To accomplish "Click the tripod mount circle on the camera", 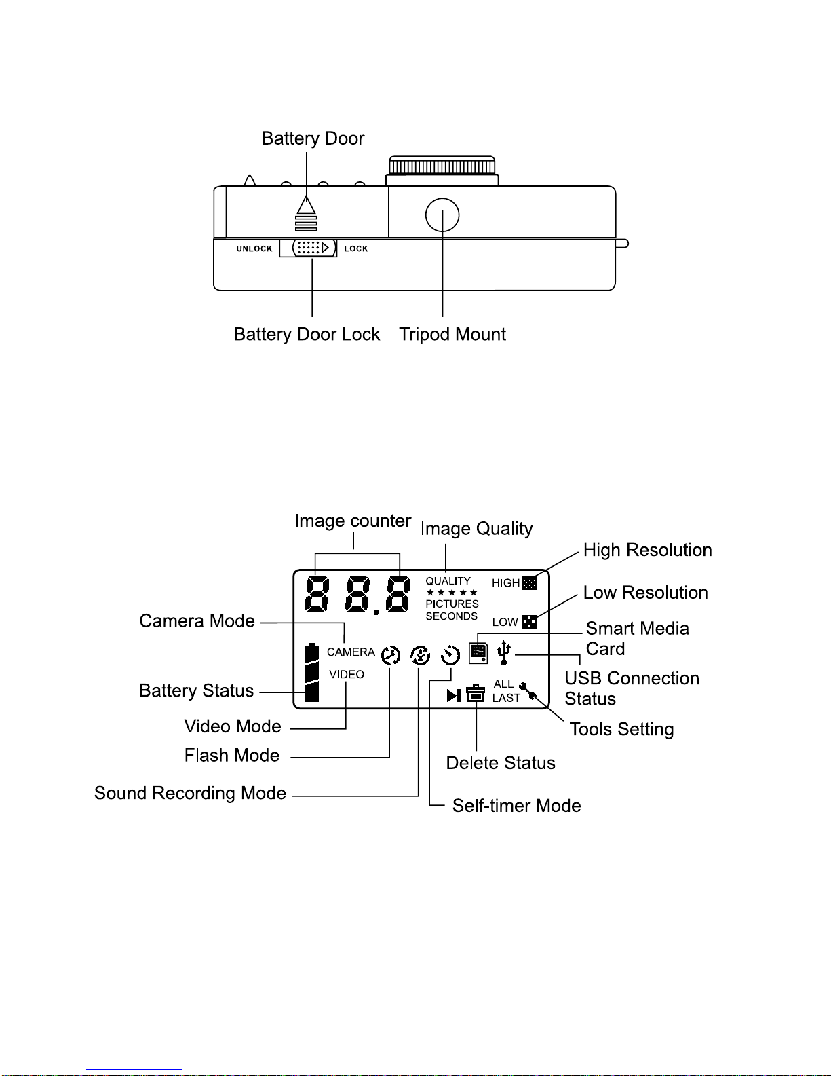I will tap(442, 215).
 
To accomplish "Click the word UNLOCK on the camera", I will tap(254, 248).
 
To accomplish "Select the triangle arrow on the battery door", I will tap(307, 205).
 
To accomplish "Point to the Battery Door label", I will tap(313, 138).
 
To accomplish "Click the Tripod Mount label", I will tap(452, 334).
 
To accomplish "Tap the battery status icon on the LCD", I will tap(311, 672).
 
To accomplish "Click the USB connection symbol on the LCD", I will tap(503, 652).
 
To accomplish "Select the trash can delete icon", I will tap(476, 693).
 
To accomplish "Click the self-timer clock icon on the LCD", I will tap(450, 655).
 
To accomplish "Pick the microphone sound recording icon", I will tap(421, 655).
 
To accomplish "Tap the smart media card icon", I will tap(478, 653).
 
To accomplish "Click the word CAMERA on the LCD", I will tap(351, 652).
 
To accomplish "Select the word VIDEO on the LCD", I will tap(347, 674).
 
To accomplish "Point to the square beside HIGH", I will tap(529, 582).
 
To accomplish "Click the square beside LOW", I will tap(529, 622).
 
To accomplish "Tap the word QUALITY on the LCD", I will tap(448, 581).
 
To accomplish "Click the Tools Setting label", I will tap(621, 729).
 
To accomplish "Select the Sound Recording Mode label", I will tap(190, 793).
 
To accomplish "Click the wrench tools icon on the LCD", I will tap(528, 690).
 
